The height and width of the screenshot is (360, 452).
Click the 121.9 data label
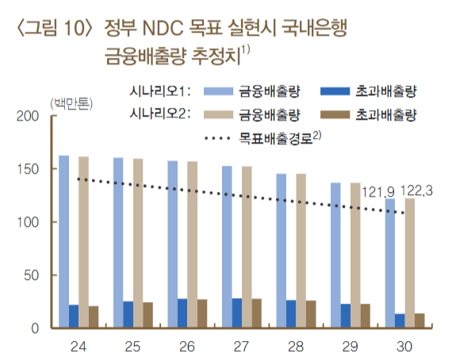click(x=378, y=191)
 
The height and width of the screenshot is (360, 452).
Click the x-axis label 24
click(x=79, y=346)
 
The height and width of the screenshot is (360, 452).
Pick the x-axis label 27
click(x=242, y=346)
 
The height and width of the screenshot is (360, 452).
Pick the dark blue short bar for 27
click(x=237, y=313)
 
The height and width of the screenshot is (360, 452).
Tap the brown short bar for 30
click(x=420, y=320)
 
